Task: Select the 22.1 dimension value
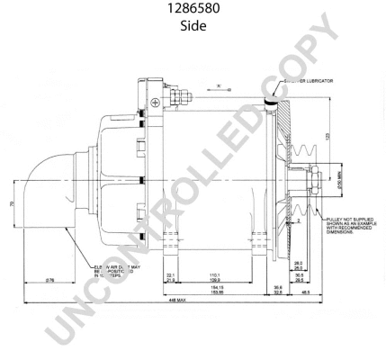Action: (170, 273)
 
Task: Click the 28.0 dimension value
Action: (299, 263)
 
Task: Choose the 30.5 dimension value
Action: (299, 275)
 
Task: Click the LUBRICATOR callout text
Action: (310, 81)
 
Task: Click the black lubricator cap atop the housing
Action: (272, 103)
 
